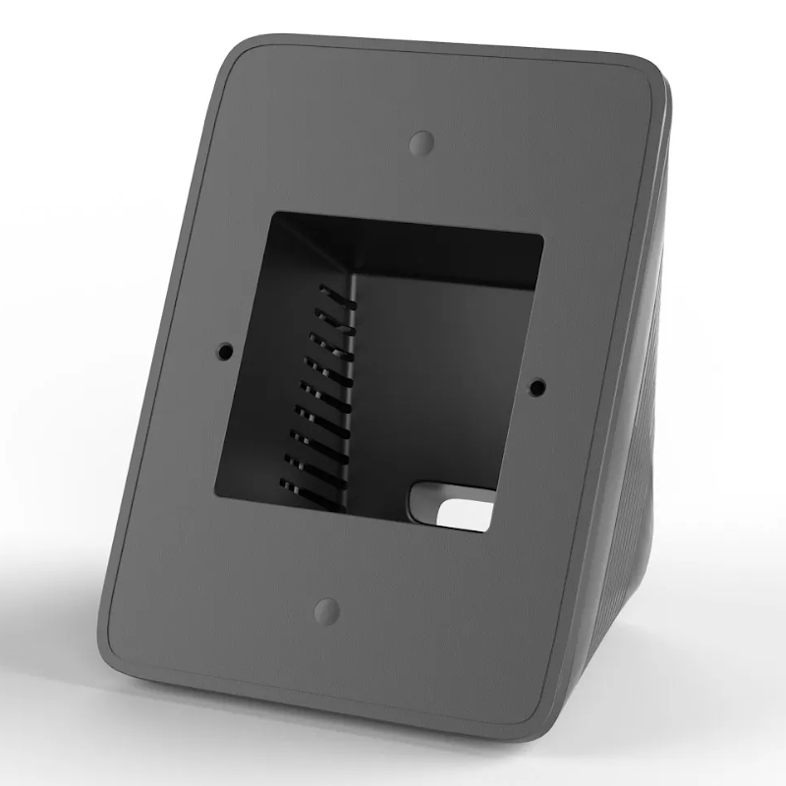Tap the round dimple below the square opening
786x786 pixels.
[x=326, y=610]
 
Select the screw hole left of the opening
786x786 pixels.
[x=225, y=349]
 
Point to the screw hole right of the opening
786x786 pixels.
[x=535, y=387]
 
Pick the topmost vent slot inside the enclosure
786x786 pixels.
[x=334, y=292]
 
